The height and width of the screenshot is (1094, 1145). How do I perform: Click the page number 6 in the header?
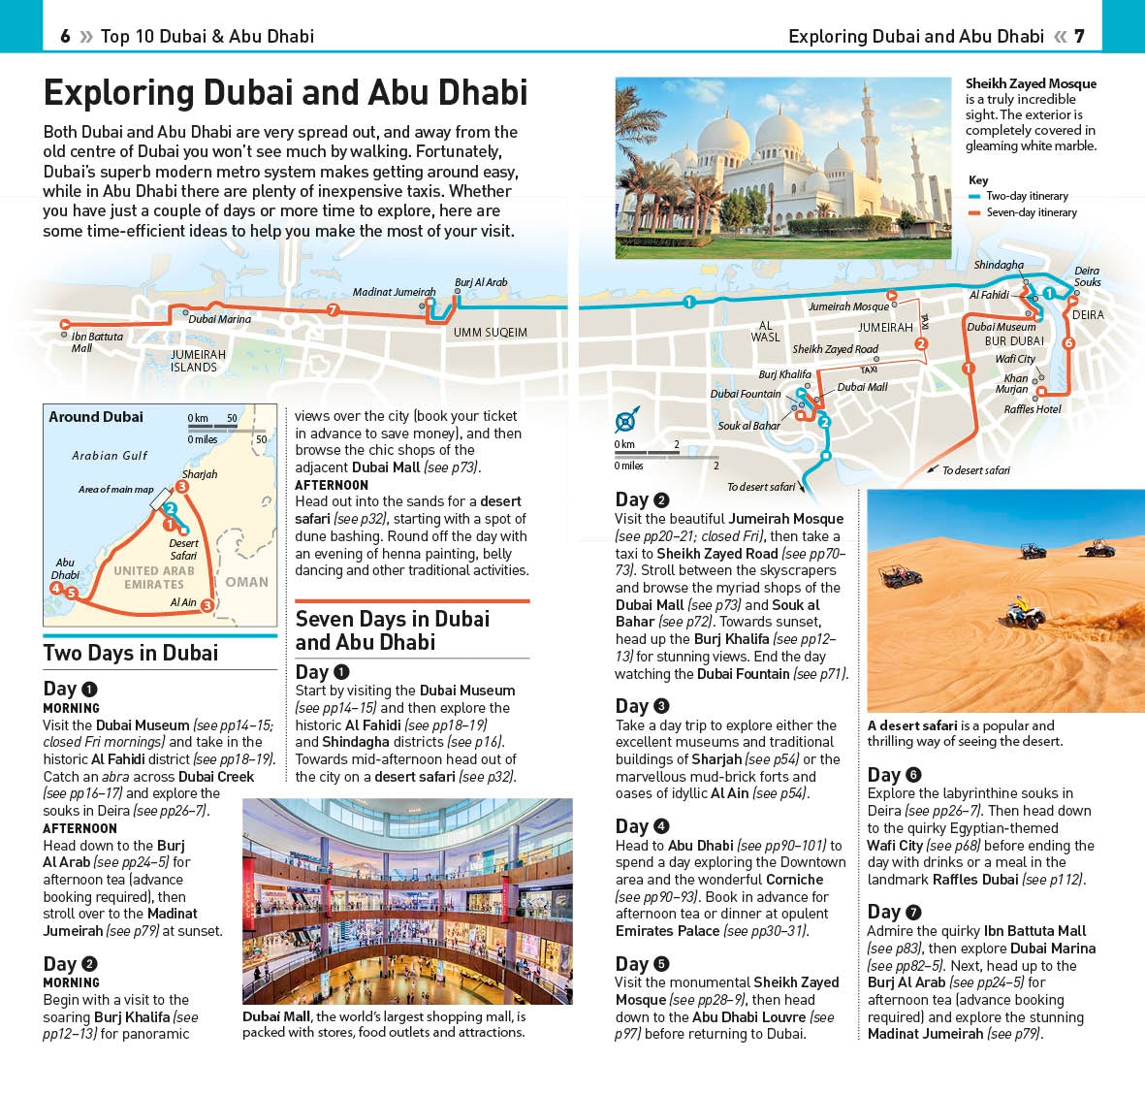click(x=65, y=36)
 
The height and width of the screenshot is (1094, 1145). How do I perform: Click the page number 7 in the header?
click(x=1079, y=36)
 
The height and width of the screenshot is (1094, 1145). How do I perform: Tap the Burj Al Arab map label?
click(x=481, y=282)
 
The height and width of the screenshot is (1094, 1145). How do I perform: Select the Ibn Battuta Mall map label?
click(x=96, y=342)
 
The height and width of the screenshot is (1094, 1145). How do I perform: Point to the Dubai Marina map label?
click(x=219, y=319)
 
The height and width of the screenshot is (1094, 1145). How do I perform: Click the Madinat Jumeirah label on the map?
click(x=394, y=292)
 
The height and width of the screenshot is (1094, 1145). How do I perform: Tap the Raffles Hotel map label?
click(x=1032, y=409)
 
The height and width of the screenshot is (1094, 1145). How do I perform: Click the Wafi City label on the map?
click(x=1014, y=359)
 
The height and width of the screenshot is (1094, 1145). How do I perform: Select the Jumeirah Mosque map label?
click(x=848, y=306)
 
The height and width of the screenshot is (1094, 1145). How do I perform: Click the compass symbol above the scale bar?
click(x=625, y=420)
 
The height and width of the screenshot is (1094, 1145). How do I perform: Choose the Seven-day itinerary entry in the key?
click(x=1031, y=212)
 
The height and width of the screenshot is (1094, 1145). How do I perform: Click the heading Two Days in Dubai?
click(x=131, y=653)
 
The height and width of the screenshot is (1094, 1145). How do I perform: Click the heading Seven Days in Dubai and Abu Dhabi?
click(x=393, y=630)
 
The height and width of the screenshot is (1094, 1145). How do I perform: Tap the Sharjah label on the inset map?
click(x=200, y=474)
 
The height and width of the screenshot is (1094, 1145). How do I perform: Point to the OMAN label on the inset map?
click(x=247, y=582)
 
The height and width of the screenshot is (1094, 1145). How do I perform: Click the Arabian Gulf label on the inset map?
click(x=110, y=455)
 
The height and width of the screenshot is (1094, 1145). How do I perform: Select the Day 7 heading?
click(x=893, y=912)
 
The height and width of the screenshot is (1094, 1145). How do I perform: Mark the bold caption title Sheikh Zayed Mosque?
click(x=1031, y=83)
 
